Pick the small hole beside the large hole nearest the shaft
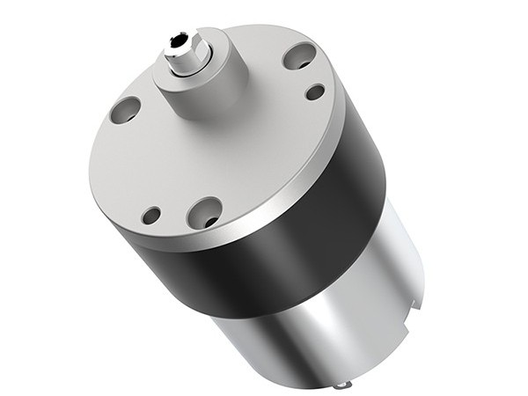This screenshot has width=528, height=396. pos(314,91)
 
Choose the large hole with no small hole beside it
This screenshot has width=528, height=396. pos(124,109)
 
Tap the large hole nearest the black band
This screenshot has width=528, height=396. pos(205,210)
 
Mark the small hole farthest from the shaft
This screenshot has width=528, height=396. pos(151,214)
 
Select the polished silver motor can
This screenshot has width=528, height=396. pos(334,317)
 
